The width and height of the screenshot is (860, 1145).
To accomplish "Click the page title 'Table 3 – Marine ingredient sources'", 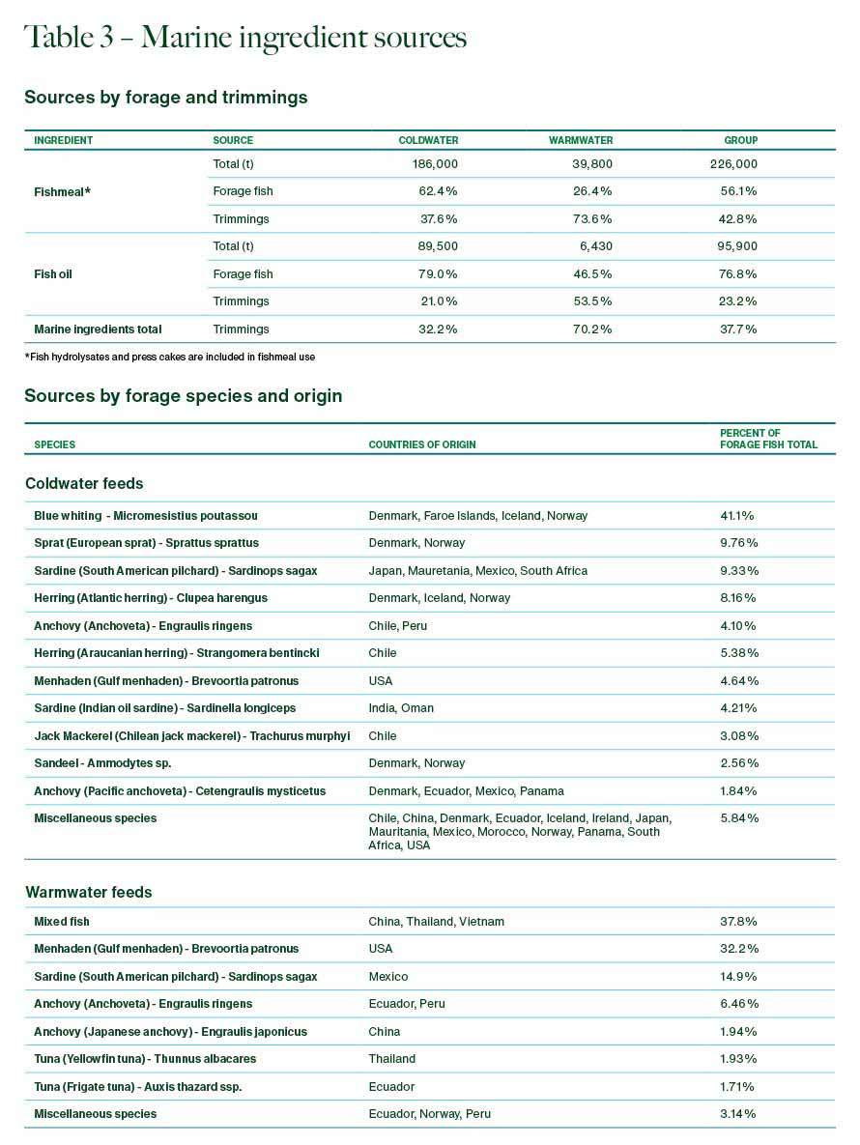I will [x=245, y=38].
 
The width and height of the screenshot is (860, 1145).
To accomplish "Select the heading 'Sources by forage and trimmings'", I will [x=165, y=98].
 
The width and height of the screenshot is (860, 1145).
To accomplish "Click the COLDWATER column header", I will [x=428, y=140].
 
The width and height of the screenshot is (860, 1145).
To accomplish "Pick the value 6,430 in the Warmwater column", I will [x=592, y=246].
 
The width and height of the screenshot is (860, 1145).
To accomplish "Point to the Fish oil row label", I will [x=53, y=274].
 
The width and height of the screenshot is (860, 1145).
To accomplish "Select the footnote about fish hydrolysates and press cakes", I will [x=169, y=357].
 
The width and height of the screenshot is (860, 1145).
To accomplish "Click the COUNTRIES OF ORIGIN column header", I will [x=422, y=444].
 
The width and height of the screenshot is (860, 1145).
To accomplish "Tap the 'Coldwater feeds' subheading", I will [x=84, y=483].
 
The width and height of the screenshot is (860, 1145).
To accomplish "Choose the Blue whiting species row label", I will [x=146, y=516].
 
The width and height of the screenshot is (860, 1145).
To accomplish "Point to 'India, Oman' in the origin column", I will [x=401, y=708].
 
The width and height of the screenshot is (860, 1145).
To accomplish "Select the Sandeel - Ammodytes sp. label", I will [x=102, y=763].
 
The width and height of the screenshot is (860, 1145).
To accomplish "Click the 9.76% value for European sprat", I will [x=738, y=543].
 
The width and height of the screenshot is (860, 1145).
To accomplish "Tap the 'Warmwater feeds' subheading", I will [x=88, y=892].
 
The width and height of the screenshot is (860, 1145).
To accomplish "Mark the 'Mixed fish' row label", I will [x=62, y=922].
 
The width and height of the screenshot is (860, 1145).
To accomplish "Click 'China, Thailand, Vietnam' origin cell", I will [x=436, y=922].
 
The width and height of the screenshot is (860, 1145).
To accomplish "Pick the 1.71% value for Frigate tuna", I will [x=737, y=1087].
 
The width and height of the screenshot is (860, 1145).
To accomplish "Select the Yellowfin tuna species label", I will [x=145, y=1059].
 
